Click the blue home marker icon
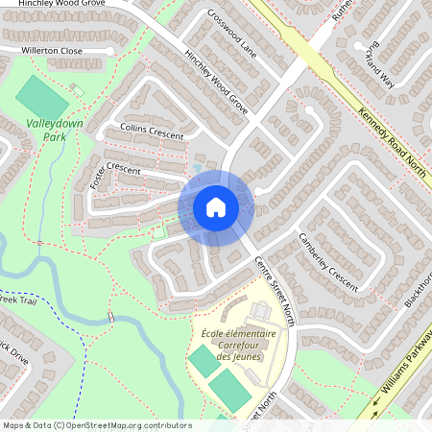[215, 206]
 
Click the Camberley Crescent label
[326, 261]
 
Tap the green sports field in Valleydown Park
[42, 96]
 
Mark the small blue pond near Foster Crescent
[197, 169]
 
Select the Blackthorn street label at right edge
[420, 288]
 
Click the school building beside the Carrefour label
[261, 312]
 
